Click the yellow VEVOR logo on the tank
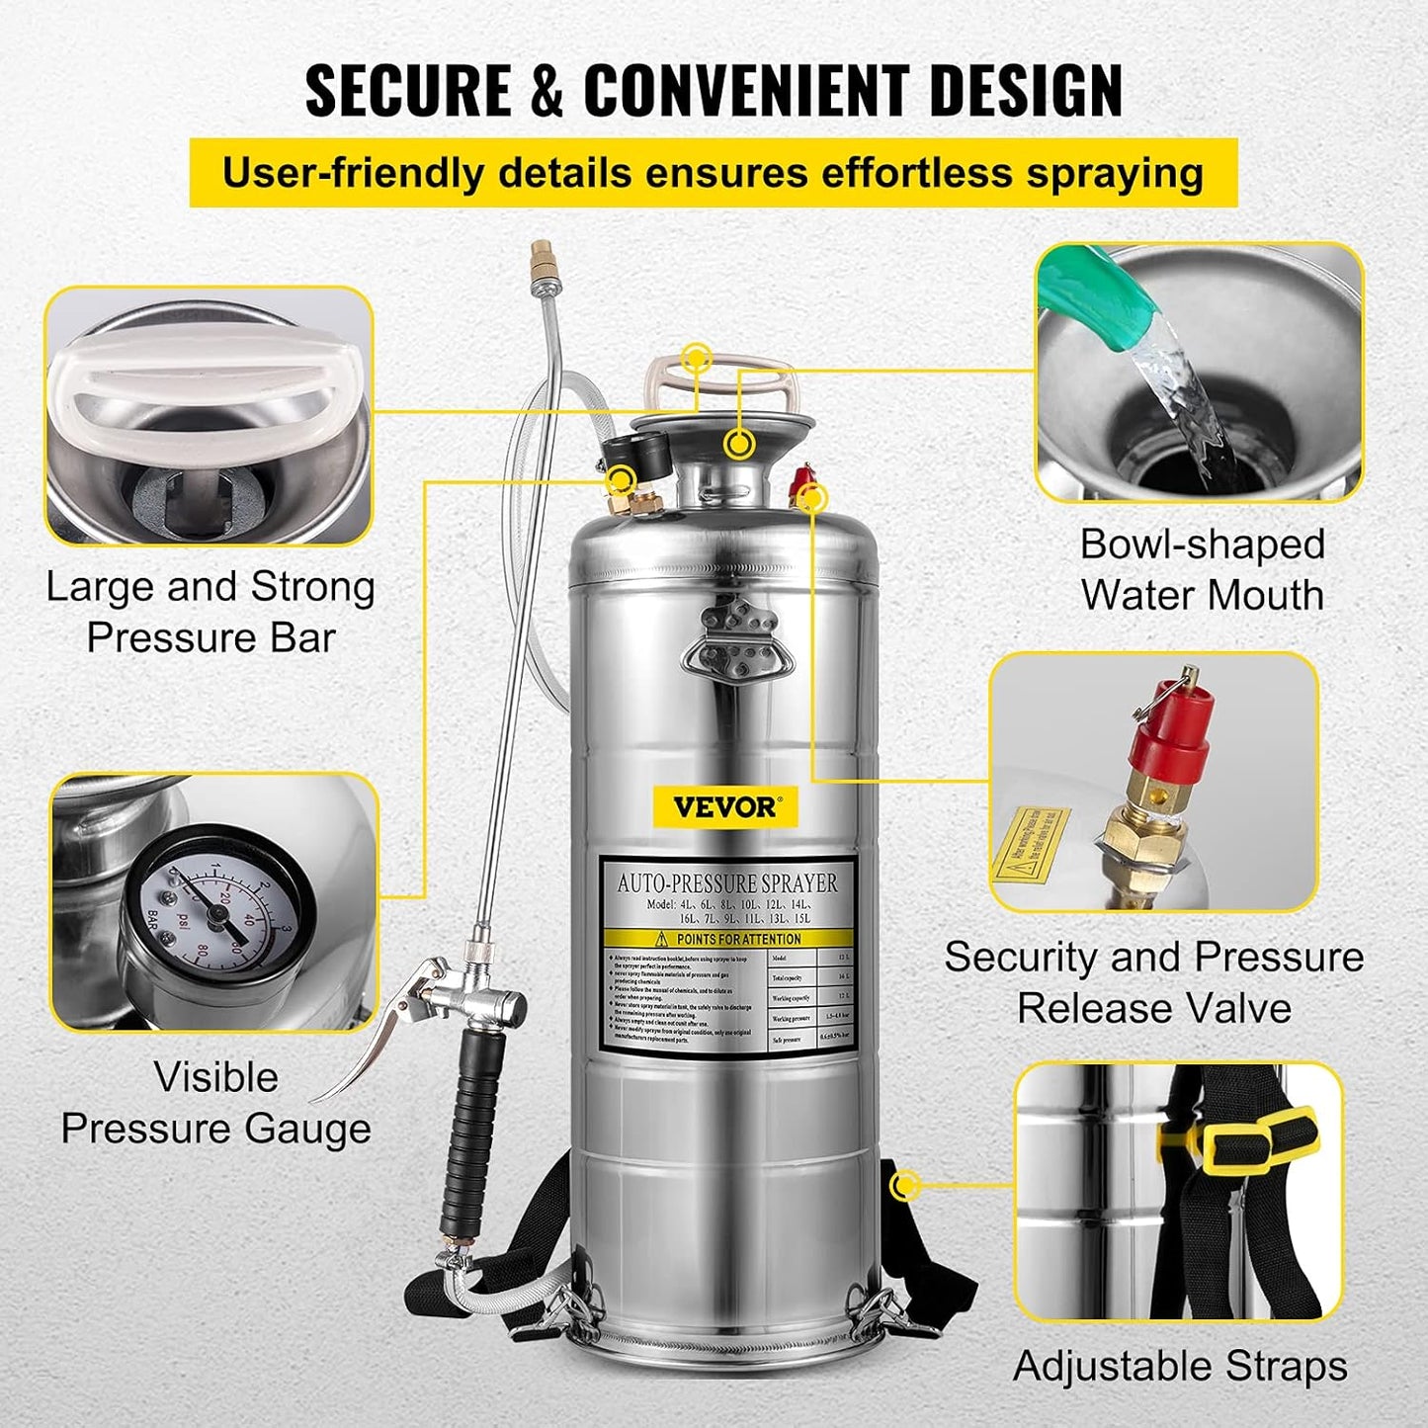pyautogui.click(x=724, y=806)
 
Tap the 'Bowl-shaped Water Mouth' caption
pyautogui.click(x=1202, y=570)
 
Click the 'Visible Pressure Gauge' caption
pyautogui.click(x=215, y=1103)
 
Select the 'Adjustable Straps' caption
pyautogui.click(x=1180, y=1367)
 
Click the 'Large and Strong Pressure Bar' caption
pyautogui.click(x=210, y=613)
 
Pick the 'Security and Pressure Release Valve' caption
pyautogui.click(x=1153, y=982)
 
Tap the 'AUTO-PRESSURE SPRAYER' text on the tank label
pyautogui.click(x=726, y=882)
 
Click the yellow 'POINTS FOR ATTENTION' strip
pyautogui.click(x=726, y=939)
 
